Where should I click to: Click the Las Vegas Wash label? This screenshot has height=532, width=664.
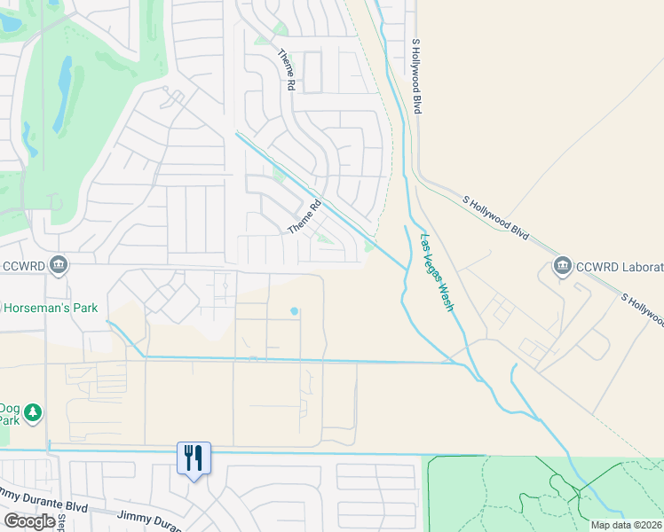(437, 272)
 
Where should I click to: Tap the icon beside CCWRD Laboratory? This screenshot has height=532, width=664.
(562, 265)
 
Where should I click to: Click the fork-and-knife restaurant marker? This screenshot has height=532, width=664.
(194, 458)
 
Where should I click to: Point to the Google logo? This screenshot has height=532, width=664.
(30, 521)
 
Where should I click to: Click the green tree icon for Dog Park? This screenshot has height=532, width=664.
(34, 412)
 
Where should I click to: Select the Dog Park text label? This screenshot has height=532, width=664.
(9, 413)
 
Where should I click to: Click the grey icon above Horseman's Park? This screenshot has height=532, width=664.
(59, 263)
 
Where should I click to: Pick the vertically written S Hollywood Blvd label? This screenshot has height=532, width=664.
(415, 75)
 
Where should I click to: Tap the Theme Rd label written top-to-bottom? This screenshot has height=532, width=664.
(286, 70)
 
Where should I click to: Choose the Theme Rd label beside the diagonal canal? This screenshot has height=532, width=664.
(304, 218)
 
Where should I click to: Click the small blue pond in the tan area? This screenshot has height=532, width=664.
(294, 311)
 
